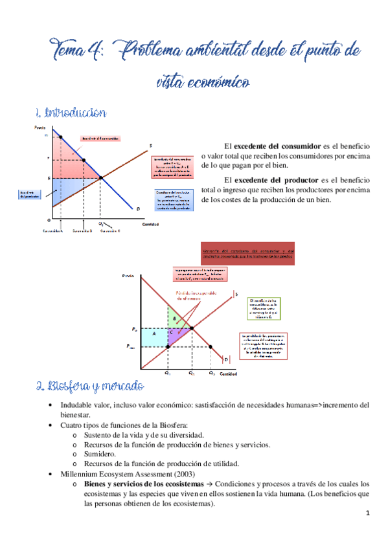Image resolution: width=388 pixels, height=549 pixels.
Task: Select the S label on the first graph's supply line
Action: (x=150, y=145)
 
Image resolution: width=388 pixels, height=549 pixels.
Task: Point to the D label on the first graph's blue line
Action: (x=138, y=208)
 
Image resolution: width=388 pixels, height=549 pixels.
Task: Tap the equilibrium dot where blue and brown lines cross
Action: (x=100, y=178)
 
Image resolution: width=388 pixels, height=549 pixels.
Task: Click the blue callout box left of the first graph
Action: (x=28, y=195)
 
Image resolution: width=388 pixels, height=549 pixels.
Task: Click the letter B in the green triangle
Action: (x=174, y=319)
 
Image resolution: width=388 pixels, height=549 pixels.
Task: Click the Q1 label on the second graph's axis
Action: (x=167, y=374)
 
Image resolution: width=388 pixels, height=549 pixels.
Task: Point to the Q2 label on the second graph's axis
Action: (x=191, y=374)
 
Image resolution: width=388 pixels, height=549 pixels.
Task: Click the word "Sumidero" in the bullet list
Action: (x=100, y=454)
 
